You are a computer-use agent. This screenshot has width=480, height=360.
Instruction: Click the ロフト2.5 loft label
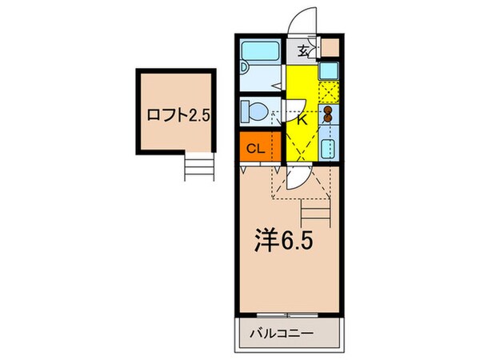(178, 114)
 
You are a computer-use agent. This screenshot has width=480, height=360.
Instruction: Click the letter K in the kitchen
(301, 121)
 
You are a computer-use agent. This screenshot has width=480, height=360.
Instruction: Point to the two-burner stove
(329, 112)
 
